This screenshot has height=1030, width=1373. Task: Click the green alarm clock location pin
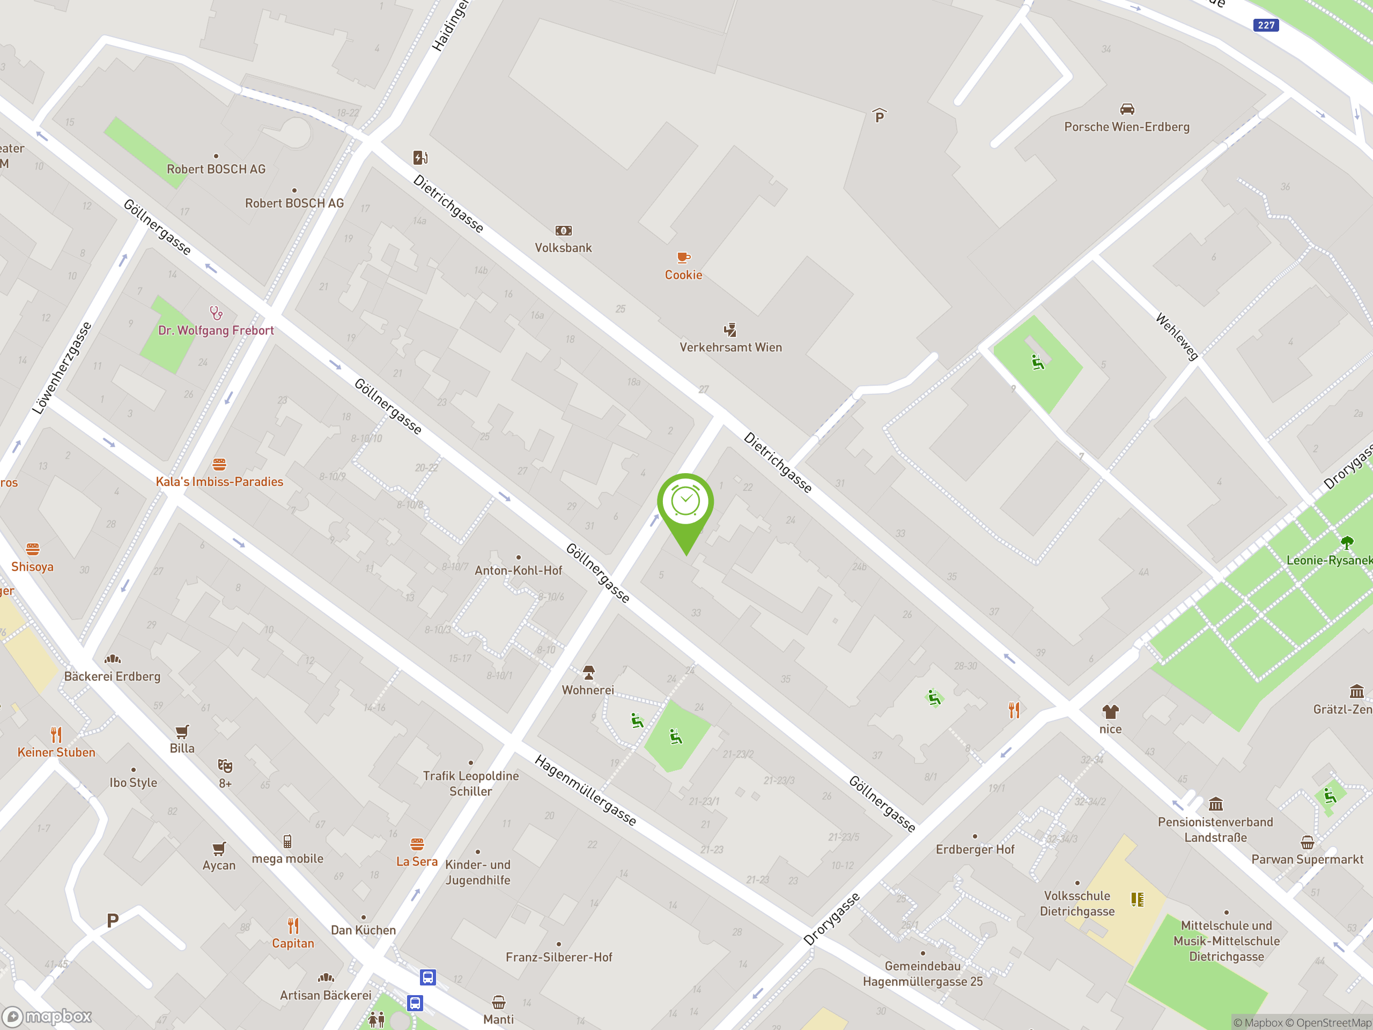685,503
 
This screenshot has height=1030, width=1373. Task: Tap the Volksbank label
563,248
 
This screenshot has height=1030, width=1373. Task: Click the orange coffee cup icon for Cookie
683,257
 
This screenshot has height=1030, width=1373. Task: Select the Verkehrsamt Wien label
730,348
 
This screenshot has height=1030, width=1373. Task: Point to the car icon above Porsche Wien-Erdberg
1127,109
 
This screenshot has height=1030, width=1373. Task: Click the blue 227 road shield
1266,25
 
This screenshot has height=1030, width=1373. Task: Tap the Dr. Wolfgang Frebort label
216,330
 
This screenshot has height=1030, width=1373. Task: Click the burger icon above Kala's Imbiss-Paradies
219,464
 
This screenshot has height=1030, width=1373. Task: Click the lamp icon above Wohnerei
588,672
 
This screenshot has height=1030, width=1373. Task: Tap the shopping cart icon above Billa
182,731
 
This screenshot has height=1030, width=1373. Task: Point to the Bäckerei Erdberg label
112,676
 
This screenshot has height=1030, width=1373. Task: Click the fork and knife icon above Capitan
293,926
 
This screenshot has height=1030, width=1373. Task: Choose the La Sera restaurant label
417,862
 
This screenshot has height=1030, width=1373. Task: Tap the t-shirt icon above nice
1110,711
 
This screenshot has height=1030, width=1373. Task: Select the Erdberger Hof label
975,849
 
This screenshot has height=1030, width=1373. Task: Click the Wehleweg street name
1177,336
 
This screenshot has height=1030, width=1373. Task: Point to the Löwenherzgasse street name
62,367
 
